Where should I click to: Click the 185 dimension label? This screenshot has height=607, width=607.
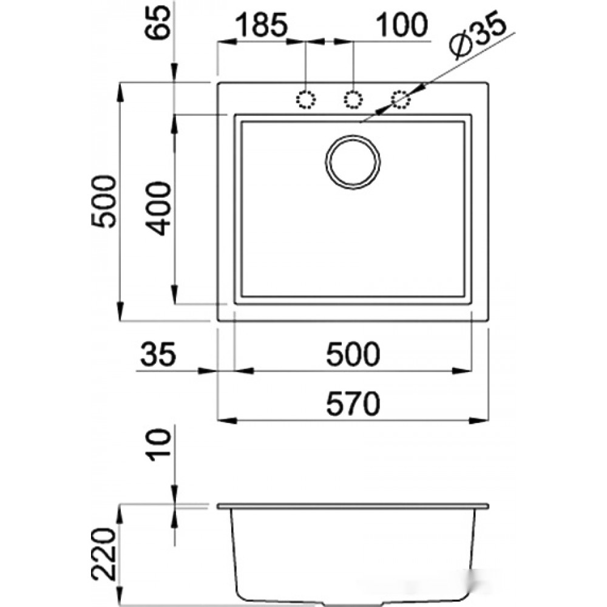(261, 25)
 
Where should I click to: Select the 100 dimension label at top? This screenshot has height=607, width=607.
(402, 25)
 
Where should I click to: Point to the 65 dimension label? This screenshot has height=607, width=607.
(158, 22)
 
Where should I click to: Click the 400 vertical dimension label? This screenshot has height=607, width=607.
(158, 209)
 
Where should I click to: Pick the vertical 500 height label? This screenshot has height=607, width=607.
(103, 202)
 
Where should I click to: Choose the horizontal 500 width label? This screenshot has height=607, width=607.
(353, 354)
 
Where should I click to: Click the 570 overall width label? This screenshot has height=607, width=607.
(353, 404)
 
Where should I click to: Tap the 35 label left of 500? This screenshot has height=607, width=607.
(158, 354)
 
